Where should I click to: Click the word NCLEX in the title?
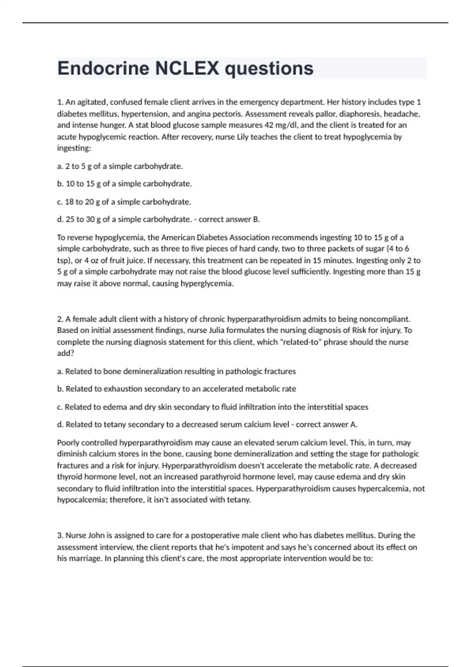pyautogui.click(x=187, y=68)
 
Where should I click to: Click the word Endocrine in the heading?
pyautogui.click(x=103, y=68)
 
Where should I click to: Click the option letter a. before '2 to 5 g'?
pyautogui.click(x=60, y=166)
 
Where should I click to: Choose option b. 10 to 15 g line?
pyautogui.click(x=124, y=184)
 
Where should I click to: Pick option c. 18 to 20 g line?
pyautogui.click(x=124, y=202)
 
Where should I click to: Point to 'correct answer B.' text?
pyautogui.click(x=229, y=219)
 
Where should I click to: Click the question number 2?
pyautogui.click(x=60, y=319)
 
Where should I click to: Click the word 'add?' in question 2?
pyautogui.click(x=66, y=353)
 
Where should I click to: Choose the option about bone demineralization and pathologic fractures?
pyautogui.click(x=177, y=372)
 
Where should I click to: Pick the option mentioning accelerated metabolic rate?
pyautogui.click(x=177, y=389)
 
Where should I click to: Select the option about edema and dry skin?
pyautogui.click(x=212, y=407)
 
